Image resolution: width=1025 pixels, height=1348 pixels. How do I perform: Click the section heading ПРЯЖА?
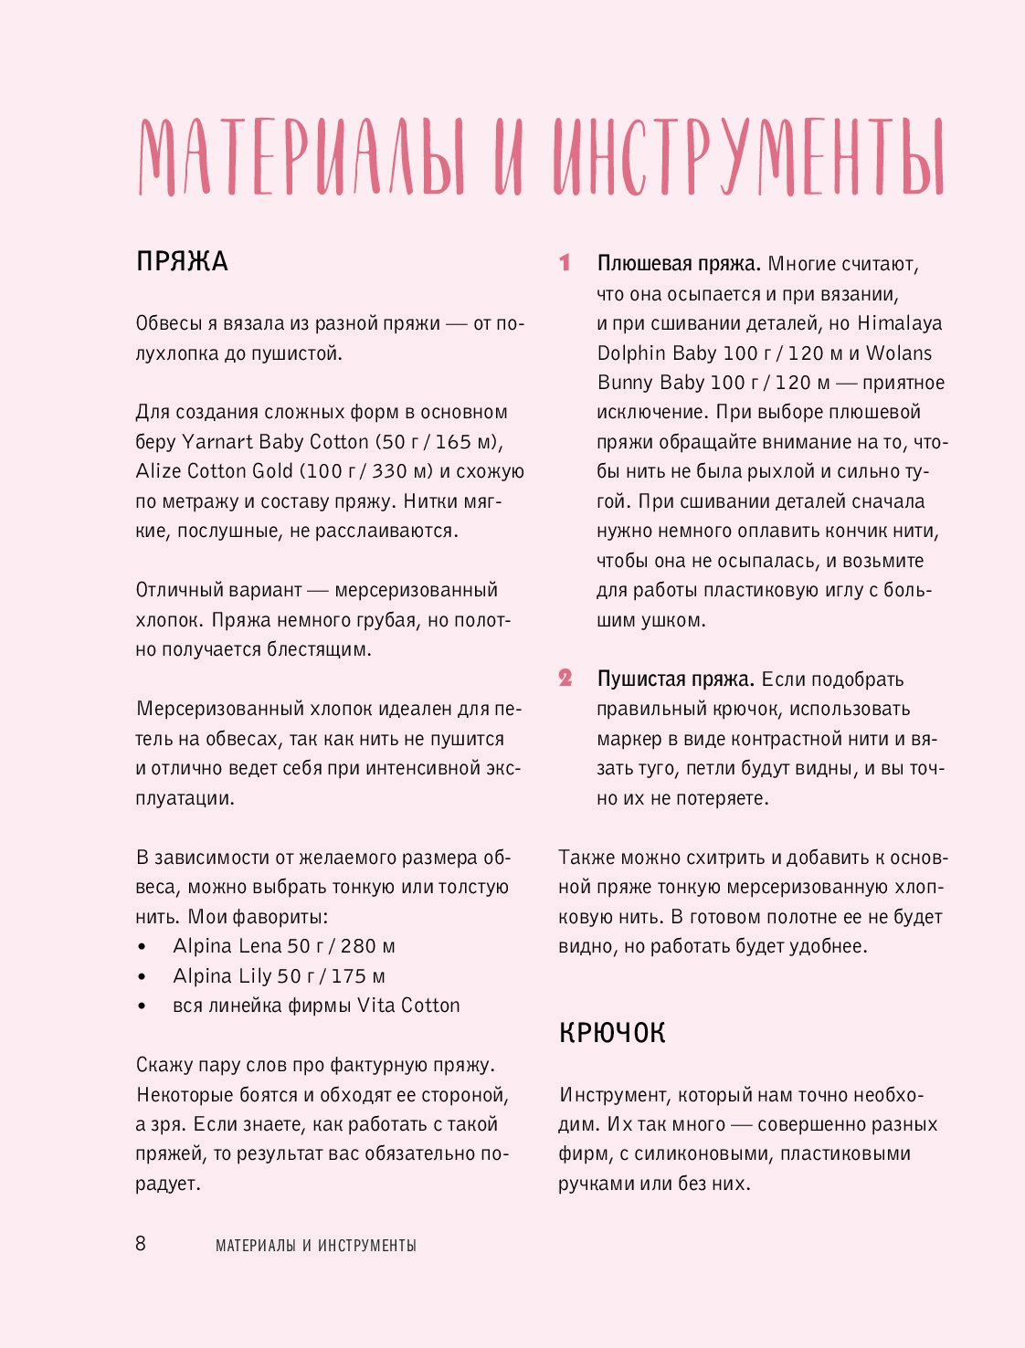click(x=182, y=262)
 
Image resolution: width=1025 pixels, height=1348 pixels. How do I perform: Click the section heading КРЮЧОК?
click(x=611, y=1033)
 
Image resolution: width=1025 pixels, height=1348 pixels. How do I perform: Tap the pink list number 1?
click(x=565, y=263)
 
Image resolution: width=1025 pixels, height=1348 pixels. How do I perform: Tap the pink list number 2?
click(x=565, y=679)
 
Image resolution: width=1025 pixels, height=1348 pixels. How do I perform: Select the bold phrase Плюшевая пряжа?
click(x=679, y=264)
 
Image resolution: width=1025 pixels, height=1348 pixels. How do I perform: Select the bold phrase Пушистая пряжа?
click(x=675, y=679)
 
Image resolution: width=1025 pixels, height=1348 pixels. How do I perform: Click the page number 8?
click(x=141, y=1243)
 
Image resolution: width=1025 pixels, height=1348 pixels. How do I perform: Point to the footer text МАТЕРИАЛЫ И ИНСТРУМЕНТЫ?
click(x=316, y=1245)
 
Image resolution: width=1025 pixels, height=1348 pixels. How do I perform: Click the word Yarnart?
click(x=217, y=442)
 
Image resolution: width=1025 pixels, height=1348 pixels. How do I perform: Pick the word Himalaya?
click(x=899, y=323)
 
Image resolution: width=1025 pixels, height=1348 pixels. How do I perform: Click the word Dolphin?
click(x=631, y=353)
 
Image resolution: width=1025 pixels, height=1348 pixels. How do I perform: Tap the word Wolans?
click(x=899, y=353)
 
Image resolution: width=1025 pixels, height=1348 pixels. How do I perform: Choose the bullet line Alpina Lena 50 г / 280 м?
click(x=284, y=946)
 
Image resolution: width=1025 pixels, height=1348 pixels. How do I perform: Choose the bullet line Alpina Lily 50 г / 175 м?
click(x=279, y=976)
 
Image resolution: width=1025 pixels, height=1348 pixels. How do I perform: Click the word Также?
click(x=586, y=858)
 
